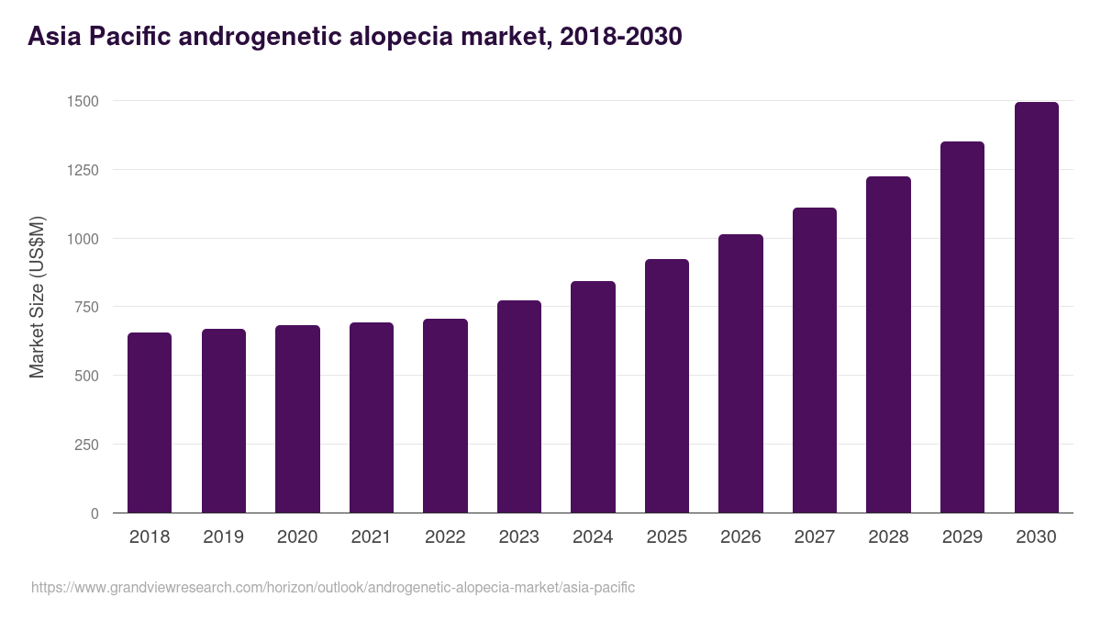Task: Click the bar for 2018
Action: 150,423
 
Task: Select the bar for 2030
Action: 1036,308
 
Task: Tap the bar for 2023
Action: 519,407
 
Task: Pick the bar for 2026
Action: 740,374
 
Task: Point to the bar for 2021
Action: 372,418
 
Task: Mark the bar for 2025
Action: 667,386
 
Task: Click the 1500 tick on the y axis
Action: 83,101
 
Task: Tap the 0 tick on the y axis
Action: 95,513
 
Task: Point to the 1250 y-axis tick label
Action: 83,170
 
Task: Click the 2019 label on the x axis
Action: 224,537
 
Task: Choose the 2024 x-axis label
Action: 593,537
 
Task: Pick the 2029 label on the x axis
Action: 962,537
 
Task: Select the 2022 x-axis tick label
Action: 445,537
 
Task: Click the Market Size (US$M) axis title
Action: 37,297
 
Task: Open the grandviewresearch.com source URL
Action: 333,587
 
